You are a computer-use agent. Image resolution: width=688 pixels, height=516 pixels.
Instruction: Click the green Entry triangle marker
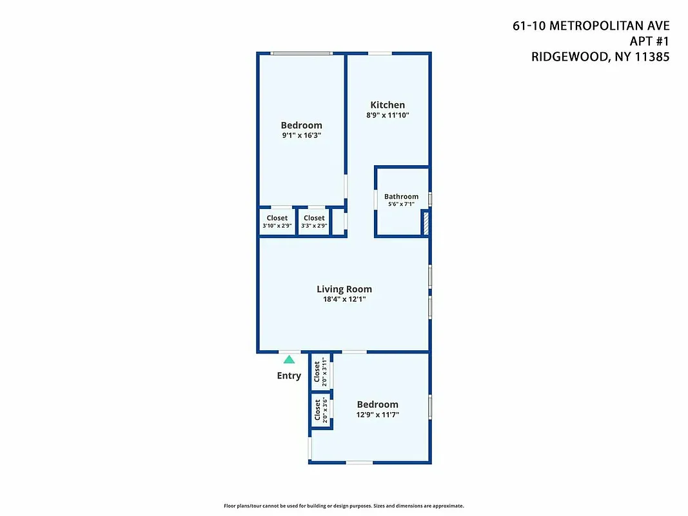click(x=289, y=360)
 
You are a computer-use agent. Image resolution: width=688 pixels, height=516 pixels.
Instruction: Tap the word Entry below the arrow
click(x=289, y=375)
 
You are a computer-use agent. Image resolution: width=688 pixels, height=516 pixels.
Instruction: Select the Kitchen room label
click(x=388, y=105)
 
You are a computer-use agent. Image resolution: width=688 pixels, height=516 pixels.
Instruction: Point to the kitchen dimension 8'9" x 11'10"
click(x=388, y=115)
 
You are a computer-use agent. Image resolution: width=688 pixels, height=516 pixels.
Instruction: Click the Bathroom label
click(x=401, y=197)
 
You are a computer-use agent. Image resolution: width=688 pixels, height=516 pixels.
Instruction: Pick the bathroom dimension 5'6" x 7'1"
click(x=401, y=204)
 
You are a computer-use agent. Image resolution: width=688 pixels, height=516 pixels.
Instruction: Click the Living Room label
click(x=344, y=289)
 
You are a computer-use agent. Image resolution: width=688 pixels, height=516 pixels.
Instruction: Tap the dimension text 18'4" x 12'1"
click(x=344, y=299)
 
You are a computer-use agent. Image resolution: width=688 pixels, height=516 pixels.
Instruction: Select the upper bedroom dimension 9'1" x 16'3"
click(x=301, y=135)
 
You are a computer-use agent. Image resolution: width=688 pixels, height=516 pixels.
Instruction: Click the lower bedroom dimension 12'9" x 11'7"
click(x=377, y=415)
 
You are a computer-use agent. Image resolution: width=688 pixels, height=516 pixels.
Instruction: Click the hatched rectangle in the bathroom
click(x=425, y=223)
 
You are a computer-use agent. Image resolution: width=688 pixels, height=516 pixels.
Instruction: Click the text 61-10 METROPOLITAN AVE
click(x=591, y=26)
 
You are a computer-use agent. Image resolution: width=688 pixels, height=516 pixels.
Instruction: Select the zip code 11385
click(x=651, y=57)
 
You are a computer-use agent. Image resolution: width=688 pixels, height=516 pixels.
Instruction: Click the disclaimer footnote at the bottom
click(x=344, y=506)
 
